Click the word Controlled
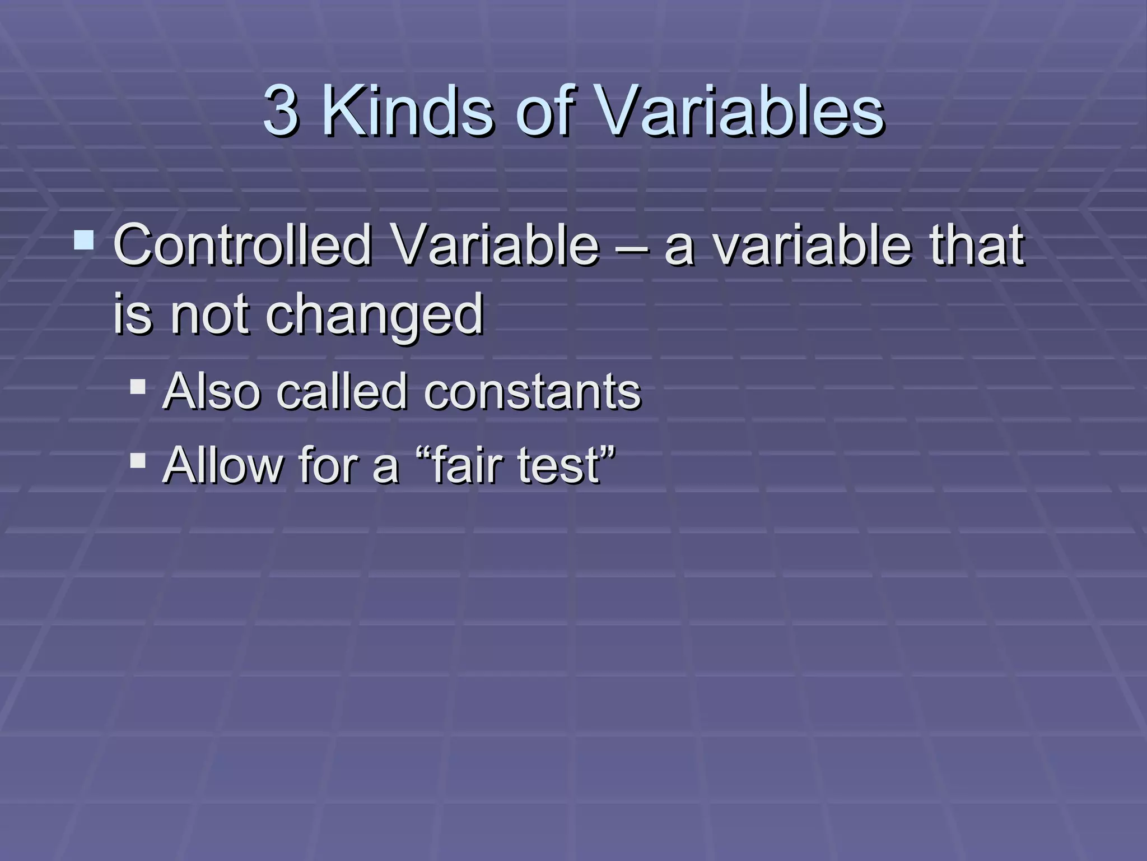pos(243,245)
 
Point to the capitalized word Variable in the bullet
pos(495,245)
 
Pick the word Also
pos(212,391)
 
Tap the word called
pos(342,391)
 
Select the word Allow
pos(223,465)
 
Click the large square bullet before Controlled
pos(84,240)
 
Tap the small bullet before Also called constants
pos(138,387)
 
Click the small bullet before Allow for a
pos(138,461)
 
